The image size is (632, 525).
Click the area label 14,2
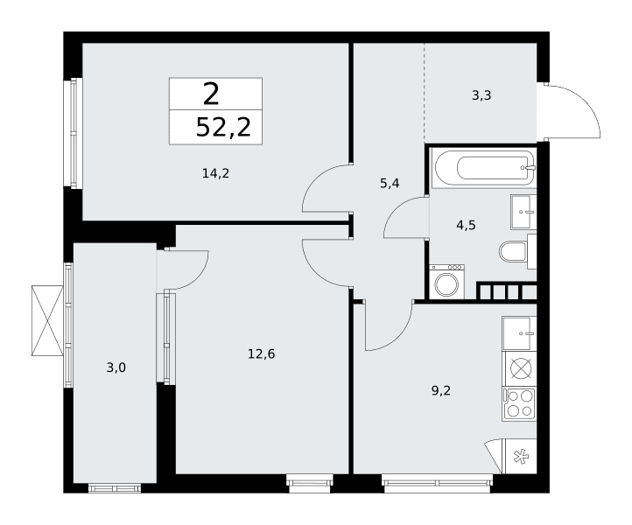[x=215, y=173]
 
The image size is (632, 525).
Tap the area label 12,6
[x=261, y=354]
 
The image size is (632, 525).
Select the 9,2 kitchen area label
[x=441, y=390]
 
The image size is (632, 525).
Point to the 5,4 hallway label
[x=390, y=184]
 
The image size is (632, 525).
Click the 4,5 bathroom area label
[x=466, y=225]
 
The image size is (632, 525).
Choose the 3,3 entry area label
[x=481, y=95]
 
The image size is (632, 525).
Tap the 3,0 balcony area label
[x=116, y=367]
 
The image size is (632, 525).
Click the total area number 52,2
[x=223, y=128]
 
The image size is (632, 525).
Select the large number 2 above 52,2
[x=211, y=94]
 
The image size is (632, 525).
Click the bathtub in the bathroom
[x=484, y=168]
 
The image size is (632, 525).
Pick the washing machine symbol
[x=446, y=282]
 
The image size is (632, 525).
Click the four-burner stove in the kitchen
[x=519, y=404]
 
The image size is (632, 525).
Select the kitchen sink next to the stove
[x=519, y=333]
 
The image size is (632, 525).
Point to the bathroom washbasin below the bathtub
[x=523, y=212]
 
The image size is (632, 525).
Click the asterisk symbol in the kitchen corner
[x=520, y=457]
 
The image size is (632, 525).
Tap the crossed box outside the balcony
[x=47, y=321]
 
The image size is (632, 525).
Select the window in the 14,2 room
[x=74, y=133]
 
